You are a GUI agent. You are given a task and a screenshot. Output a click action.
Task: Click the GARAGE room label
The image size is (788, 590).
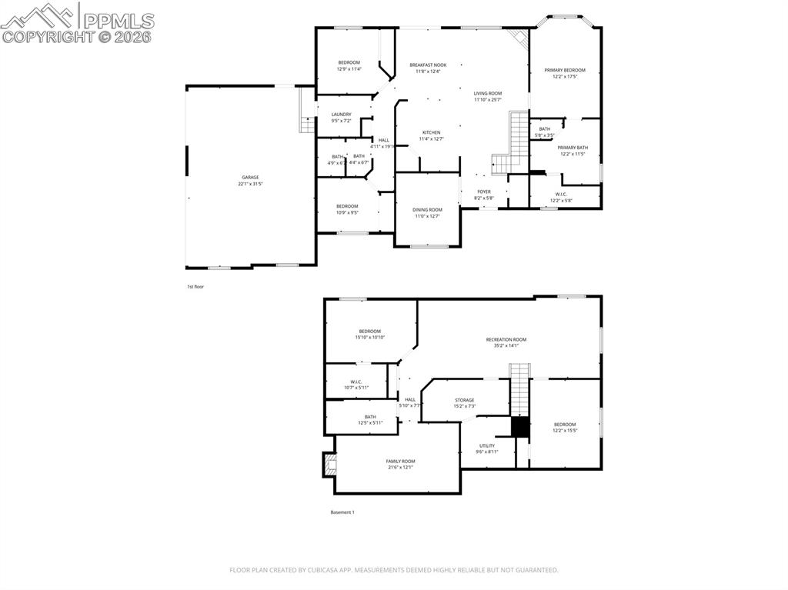(250, 178)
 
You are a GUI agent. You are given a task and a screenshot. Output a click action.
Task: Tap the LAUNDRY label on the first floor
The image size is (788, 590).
(342, 115)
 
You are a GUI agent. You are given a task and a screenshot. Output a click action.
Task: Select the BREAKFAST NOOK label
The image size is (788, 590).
(428, 65)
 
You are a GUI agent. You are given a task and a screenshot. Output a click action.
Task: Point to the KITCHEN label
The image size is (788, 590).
(431, 132)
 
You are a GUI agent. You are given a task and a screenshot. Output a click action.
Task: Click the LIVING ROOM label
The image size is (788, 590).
(487, 93)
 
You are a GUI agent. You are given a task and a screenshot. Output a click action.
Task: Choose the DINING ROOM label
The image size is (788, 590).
(427, 210)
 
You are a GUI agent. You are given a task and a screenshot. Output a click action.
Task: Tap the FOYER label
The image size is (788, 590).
(484, 192)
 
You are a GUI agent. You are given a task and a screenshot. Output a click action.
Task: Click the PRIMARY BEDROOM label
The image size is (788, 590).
(564, 70)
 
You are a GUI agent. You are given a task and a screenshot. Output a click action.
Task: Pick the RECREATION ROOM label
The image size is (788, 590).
(506, 339)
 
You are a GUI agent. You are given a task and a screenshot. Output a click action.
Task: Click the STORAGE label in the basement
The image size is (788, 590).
(464, 400)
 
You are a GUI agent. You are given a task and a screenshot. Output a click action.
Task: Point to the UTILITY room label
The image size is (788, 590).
(487, 445)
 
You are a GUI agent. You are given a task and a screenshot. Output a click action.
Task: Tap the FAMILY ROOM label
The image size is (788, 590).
(400, 461)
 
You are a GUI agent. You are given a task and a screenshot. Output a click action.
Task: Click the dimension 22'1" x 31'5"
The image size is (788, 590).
(250, 184)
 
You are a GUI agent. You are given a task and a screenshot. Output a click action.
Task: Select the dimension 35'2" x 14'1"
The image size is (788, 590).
(506, 345)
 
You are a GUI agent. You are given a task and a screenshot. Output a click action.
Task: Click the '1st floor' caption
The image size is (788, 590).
(195, 286)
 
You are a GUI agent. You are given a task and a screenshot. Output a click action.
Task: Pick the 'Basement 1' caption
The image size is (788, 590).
(342, 512)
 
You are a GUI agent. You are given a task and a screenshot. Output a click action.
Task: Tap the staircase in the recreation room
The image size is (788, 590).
(521, 388)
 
